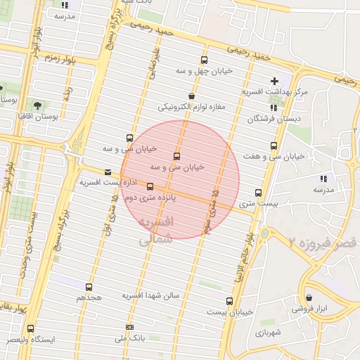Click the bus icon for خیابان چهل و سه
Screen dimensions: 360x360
coord(204,60)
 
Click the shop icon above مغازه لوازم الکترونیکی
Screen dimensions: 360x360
coord(191,96)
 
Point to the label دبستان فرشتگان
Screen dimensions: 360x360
coord(279,119)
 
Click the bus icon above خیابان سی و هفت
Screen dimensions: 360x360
coord(273,146)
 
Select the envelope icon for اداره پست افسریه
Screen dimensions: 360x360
coord(107,172)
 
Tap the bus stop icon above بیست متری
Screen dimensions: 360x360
coord(258,193)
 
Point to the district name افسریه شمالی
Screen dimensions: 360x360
coord(153,231)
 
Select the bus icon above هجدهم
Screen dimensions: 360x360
coord(89,287)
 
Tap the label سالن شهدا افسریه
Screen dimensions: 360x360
coord(151,295)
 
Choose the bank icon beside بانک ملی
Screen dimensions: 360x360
coord(129,328)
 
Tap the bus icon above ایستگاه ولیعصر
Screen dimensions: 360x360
coord(30,328)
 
